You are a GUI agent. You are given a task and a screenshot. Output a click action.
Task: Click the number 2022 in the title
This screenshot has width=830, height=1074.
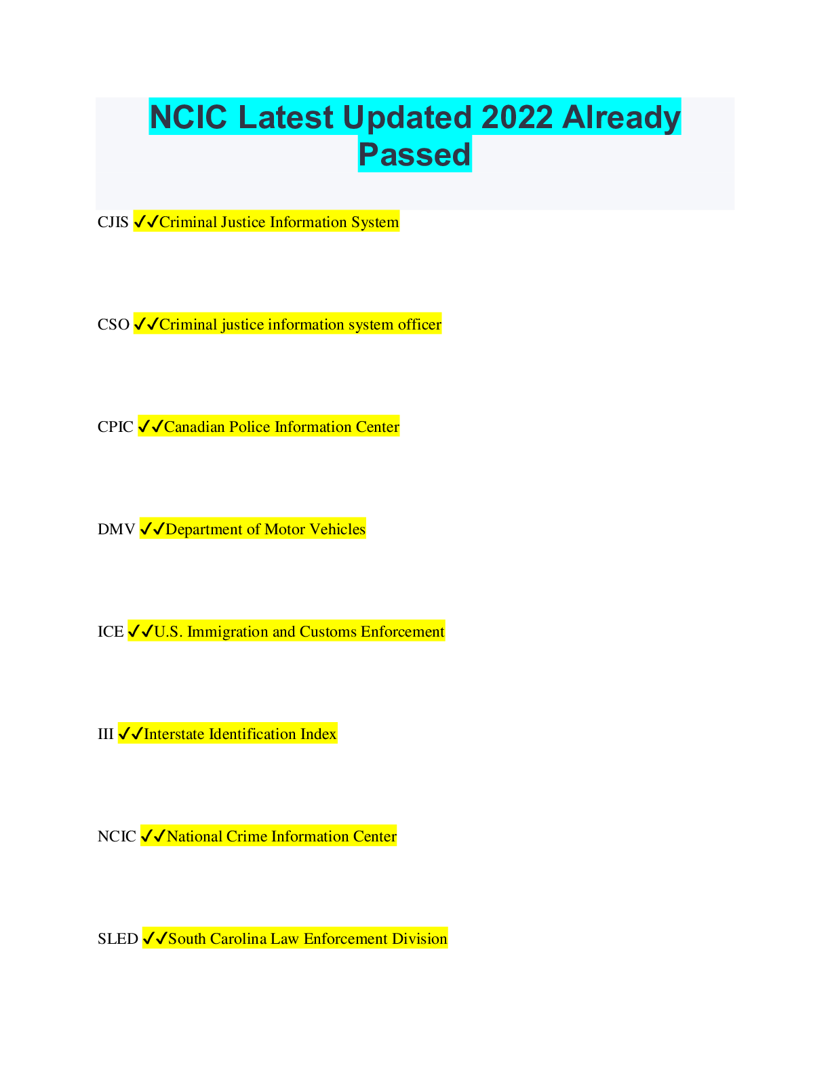(517, 117)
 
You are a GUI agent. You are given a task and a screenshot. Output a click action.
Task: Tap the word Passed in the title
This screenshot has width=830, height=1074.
(414, 154)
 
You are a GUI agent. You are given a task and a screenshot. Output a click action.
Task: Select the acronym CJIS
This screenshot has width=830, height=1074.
(113, 222)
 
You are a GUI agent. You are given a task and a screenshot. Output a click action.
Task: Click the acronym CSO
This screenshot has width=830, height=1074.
(113, 325)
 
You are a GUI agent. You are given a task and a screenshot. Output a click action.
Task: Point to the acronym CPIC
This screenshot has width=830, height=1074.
(115, 427)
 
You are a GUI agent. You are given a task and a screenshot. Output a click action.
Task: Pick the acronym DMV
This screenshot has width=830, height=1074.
(116, 530)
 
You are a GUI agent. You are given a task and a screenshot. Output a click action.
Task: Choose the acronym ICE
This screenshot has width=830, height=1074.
(111, 632)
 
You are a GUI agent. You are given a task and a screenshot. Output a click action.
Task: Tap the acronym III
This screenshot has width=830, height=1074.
(105, 734)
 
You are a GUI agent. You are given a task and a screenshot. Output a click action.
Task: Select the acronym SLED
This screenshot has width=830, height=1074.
(118, 938)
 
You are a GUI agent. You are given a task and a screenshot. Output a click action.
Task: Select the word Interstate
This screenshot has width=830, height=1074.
(174, 734)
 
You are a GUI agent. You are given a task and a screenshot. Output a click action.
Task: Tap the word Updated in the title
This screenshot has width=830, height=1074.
(407, 118)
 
